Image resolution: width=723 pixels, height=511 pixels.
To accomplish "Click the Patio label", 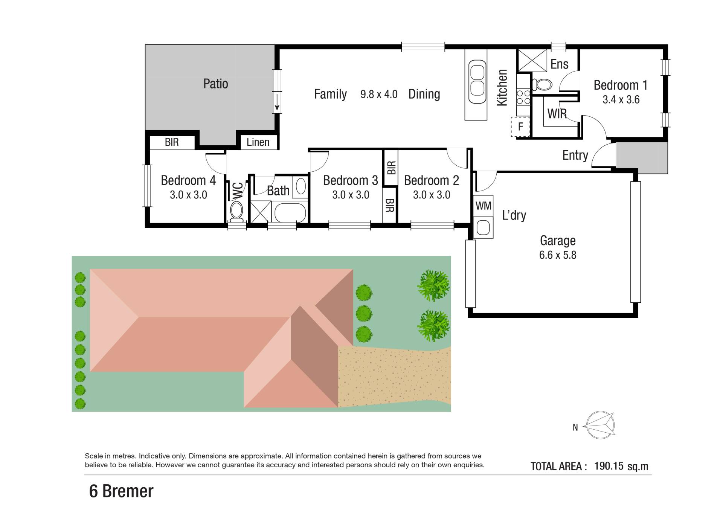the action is point(215,84).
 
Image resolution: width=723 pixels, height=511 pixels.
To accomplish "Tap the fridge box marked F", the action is point(520,127).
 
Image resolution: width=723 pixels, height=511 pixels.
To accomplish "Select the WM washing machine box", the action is point(483,206).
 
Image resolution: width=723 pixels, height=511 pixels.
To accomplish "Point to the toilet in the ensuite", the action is point(542,84).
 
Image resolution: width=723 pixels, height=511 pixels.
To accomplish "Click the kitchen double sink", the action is point(477,82).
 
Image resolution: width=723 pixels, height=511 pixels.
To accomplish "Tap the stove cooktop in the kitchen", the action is point(523,97).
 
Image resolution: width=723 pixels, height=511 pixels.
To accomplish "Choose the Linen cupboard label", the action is point(258,142).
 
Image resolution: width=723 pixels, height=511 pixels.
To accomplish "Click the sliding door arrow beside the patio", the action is point(277,102).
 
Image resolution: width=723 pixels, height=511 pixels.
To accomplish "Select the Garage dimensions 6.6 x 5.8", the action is point(558,255).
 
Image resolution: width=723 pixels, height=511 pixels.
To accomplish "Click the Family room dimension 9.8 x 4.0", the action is point(379,94).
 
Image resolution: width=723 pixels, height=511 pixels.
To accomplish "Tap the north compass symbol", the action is point(599,425).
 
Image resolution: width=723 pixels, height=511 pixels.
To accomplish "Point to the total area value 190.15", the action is point(609,466).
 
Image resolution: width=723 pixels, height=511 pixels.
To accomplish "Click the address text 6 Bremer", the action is point(121,491).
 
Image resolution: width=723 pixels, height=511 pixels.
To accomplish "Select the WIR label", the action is point(557,114).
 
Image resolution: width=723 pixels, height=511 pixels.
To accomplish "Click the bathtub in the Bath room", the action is point(290,214).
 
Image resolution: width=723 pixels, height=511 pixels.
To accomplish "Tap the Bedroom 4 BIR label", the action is point(172,142).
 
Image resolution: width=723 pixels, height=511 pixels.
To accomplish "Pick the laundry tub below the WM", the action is point(483,227).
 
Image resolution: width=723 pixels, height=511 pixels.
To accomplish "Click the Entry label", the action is point(575,155).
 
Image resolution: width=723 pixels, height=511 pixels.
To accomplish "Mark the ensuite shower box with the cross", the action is point(532,60).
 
